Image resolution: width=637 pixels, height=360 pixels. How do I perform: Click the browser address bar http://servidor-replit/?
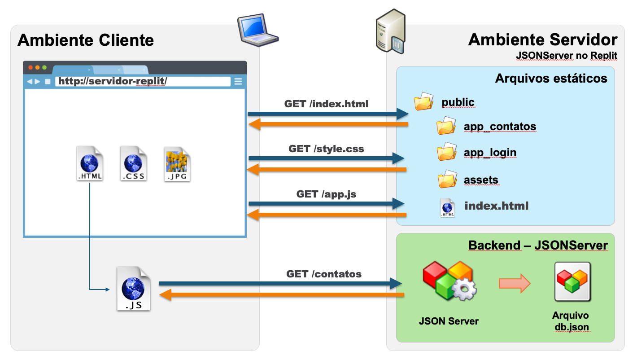click(x=143, y=81)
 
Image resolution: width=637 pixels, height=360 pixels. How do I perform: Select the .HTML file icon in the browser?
click(x=90, y=163)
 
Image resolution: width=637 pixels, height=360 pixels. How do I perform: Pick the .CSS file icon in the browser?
click(x=133, y=163)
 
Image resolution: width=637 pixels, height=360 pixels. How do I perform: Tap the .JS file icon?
click(x=133, y=289)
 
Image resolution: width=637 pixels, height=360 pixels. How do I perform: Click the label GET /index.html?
click(x=326, y=104)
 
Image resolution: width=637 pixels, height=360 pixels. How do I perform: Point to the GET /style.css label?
click(x=326, y=149)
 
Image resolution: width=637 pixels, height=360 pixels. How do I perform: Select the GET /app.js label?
click(x=326, y=194)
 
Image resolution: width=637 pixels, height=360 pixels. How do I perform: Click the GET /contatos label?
click(x=324, y=274)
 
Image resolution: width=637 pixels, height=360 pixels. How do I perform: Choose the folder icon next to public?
click(x=423, y=102)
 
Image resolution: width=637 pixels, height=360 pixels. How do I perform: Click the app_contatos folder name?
click(x=500, y=127)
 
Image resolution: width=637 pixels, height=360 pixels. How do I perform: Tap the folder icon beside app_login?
click(x=446, y=152)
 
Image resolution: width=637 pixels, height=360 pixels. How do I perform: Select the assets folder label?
click(x=481, y=180)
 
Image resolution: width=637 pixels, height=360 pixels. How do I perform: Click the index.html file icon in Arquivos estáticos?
click(x=447, y=207)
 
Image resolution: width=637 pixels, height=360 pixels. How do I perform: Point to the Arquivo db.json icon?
click(x=572, y=282)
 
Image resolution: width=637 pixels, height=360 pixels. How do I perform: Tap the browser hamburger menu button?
click(x=238, y=81)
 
